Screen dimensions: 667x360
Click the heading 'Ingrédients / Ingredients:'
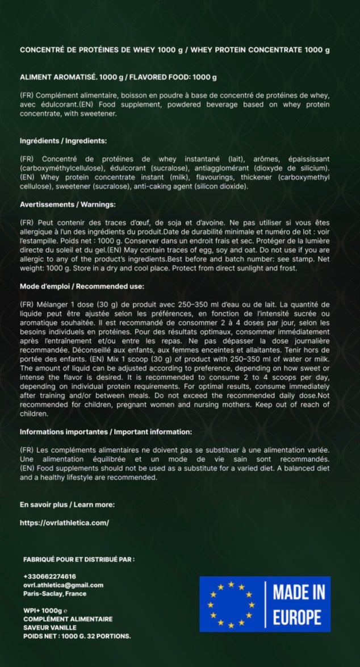(x=63, y=140)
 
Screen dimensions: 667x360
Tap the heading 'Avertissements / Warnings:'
(x=68, y=204)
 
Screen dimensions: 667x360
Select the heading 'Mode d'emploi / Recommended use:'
(x=82, y=286)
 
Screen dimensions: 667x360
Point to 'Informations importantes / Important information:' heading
(x=106, y=432)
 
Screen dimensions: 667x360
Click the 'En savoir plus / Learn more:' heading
(x=67, y=504)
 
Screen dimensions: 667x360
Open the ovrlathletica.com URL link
(x=64, y=522)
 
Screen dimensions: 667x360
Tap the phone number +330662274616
(x=49, y=577)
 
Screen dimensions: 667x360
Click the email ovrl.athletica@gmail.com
(x=63, y=585)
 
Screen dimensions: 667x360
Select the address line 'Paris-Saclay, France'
(x=55, y=593)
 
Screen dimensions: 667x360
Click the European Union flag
(x=232, y=604)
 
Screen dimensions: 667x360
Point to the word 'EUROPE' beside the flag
(x=297, y=617)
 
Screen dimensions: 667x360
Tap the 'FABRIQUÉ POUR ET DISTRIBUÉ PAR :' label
(x=79, y=560)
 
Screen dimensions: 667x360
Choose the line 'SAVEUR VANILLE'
(x=49, y=627)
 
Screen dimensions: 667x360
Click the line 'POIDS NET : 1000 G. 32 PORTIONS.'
(x=77, y=636)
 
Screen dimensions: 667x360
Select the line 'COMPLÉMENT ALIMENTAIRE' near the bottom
(x=68, y=619)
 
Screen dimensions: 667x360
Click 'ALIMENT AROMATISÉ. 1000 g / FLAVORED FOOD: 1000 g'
(x=118, y=77)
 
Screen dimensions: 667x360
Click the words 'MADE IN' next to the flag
(x=299, y=592)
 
